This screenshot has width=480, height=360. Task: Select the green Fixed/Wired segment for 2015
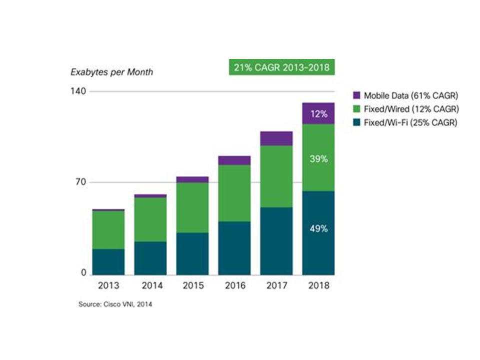[192, 207]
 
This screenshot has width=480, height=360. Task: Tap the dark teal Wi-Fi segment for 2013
[108, 262]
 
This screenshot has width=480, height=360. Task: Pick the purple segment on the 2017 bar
[276, 138]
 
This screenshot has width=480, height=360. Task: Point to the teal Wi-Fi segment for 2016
[234, 248]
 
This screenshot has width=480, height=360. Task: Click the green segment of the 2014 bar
[150, 219]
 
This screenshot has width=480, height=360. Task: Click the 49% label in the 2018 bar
[318, 229]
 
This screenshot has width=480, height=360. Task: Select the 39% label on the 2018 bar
[318, 159]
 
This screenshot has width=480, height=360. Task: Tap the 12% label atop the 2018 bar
[318, 114]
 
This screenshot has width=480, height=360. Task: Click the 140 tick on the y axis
[79, 91]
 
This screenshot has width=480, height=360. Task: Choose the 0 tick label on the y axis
[83, 273]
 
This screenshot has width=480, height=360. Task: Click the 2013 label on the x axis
[108, 286]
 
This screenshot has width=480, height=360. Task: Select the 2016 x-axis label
[234, 286]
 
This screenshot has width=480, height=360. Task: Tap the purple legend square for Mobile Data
[356, 95]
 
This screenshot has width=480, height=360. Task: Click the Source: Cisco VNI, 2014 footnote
[115, 303]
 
